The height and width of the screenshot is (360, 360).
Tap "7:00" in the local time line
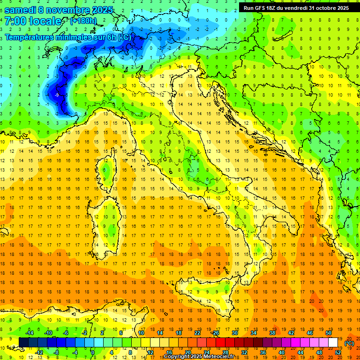point(15,22)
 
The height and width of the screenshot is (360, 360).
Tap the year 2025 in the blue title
point(104,10)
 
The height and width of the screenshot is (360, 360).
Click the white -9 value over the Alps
point(57,96)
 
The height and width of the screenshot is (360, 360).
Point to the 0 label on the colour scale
point(92,352)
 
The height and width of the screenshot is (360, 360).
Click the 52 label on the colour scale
point(338,352)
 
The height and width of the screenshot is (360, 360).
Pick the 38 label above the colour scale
point(272,333)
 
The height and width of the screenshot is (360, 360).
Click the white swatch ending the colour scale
point(333,343)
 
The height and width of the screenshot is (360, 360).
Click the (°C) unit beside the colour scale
point(349,343)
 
